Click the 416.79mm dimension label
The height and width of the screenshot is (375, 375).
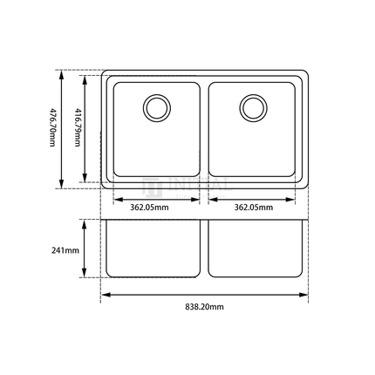(x=77, y=128)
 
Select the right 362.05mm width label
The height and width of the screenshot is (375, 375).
(x=254, y=208)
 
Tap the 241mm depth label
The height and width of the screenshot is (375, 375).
(x=66, y=250)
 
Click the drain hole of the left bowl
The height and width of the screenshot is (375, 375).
(x=157, y=107)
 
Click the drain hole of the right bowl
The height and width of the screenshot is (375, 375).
(x=253, y=107)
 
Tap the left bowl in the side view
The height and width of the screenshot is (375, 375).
(x=153, y=248)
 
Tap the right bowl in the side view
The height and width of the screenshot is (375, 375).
(x=257, y=248)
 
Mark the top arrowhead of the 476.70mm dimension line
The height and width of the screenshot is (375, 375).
(x=62, y=72)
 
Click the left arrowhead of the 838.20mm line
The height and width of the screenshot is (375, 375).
(x=104, y=295)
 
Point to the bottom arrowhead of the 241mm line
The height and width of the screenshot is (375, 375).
(x=84, y=276)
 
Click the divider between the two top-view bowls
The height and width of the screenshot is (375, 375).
(x=205, y=129)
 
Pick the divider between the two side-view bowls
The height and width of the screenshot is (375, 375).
(x=205, y=248)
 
